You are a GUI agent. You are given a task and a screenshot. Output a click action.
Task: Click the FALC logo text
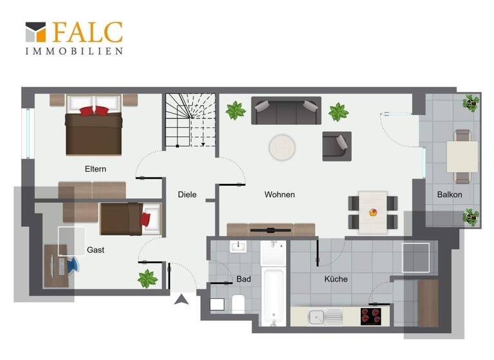tap(87, 32)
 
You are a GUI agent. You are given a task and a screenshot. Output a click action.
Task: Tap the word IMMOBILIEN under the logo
tap(74, 51)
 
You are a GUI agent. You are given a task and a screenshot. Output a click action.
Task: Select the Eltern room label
tap(95, 169)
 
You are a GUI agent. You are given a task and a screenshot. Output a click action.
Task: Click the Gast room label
tap(95, 249)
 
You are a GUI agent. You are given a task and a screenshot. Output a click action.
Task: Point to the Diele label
tap(187, 194)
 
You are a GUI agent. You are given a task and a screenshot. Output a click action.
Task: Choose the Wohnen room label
tap(279, 194)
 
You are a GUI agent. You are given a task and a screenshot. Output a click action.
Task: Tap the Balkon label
tap(450, 194)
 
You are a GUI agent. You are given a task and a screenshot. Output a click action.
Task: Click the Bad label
tap(244, 279)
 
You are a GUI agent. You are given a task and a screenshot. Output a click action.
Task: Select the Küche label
tap(336, 279)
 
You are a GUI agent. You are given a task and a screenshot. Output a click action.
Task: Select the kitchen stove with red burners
tap(370, 316)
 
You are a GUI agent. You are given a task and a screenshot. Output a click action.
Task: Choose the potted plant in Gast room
tap(147, 278)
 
